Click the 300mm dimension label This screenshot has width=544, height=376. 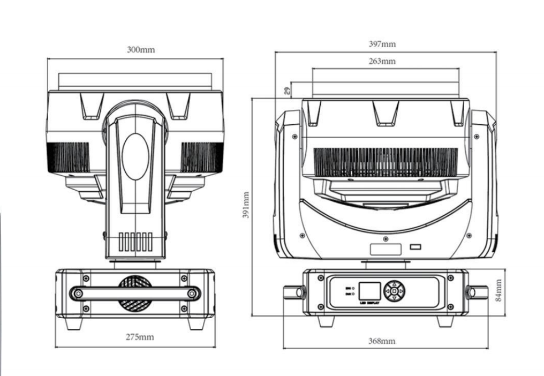click(141, 50)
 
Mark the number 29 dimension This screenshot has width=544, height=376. click(287, 91)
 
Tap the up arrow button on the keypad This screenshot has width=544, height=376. click(394, 283)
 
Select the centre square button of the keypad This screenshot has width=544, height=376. click(394, 291)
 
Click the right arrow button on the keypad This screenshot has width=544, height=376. click(402, 291)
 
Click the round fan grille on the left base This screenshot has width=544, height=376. click(134, 294)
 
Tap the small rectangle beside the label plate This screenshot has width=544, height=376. click(415, 247)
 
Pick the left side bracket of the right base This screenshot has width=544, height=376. click(293, 292)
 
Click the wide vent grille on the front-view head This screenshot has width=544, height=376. click(385, 162)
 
